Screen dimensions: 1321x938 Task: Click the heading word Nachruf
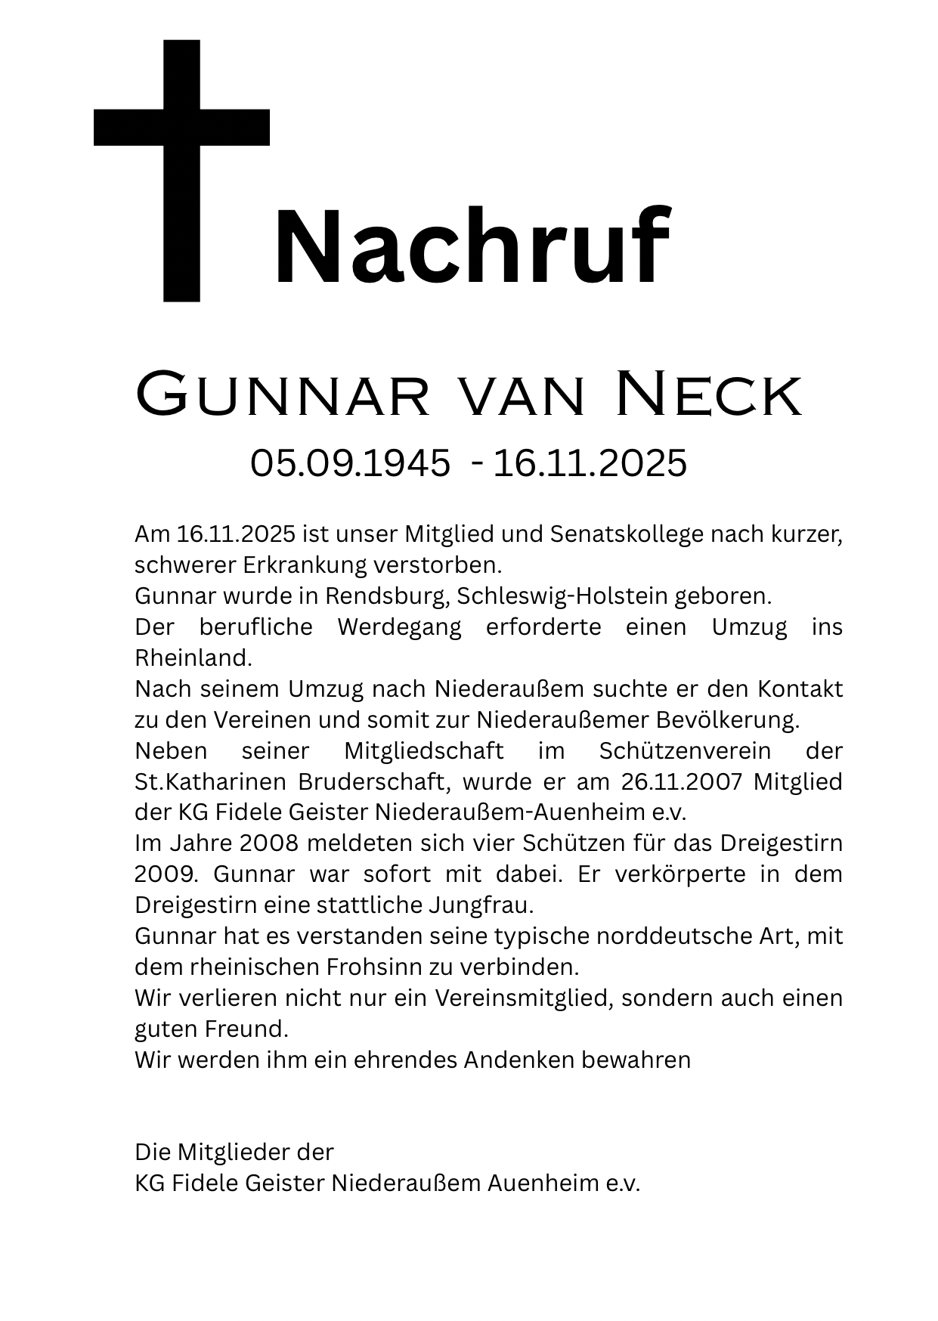click(x=472, y=248)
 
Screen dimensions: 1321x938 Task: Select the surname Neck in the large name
click(x=708, y=394)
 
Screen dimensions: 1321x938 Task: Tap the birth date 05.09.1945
click(x=350, y=463)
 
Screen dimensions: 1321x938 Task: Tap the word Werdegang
click(x=399, y=627)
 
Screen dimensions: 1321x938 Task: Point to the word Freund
click(x=249, y=1029)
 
